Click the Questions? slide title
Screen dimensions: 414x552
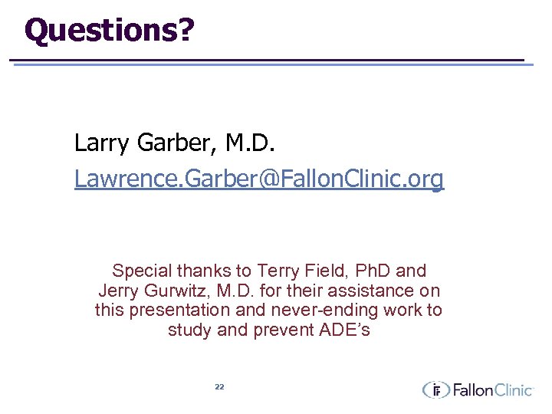click(x=109, y=30)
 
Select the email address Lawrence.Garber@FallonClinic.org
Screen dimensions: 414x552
click(x=258, y=179)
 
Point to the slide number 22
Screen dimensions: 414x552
click(x=219, y=387)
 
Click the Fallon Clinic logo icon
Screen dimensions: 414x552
click(x=435, y=389)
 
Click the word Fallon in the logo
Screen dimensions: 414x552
click(x=472, y=390)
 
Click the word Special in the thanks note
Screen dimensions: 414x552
click(x=143, y=271)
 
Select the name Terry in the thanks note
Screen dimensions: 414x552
click(x=280, y=271)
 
